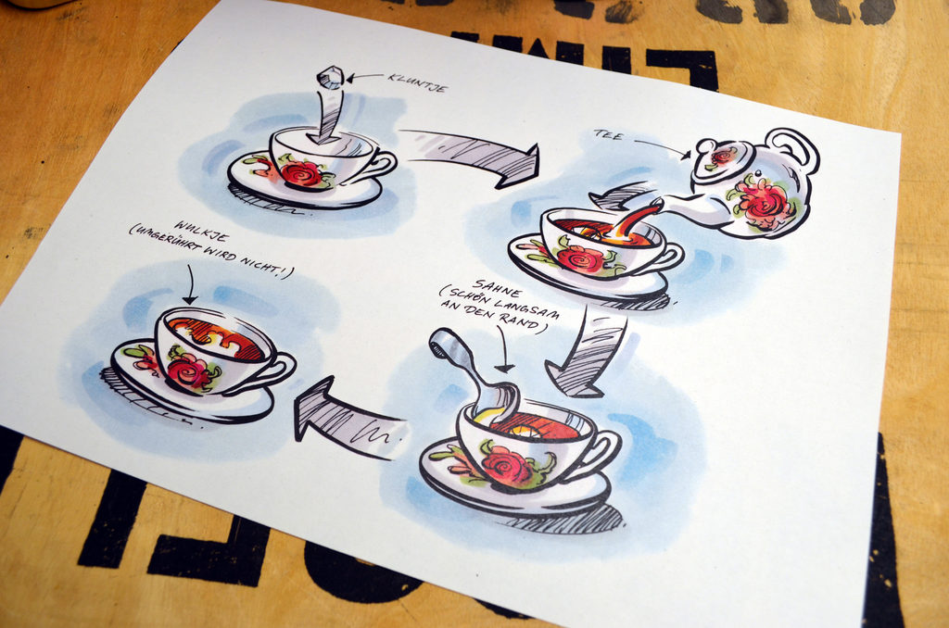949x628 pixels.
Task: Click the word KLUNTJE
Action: pos(417,82)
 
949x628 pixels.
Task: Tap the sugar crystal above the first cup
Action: pos(330,78)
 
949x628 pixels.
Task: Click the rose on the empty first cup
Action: pos(301,173)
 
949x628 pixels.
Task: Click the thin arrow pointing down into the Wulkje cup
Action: pos(190,283)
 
